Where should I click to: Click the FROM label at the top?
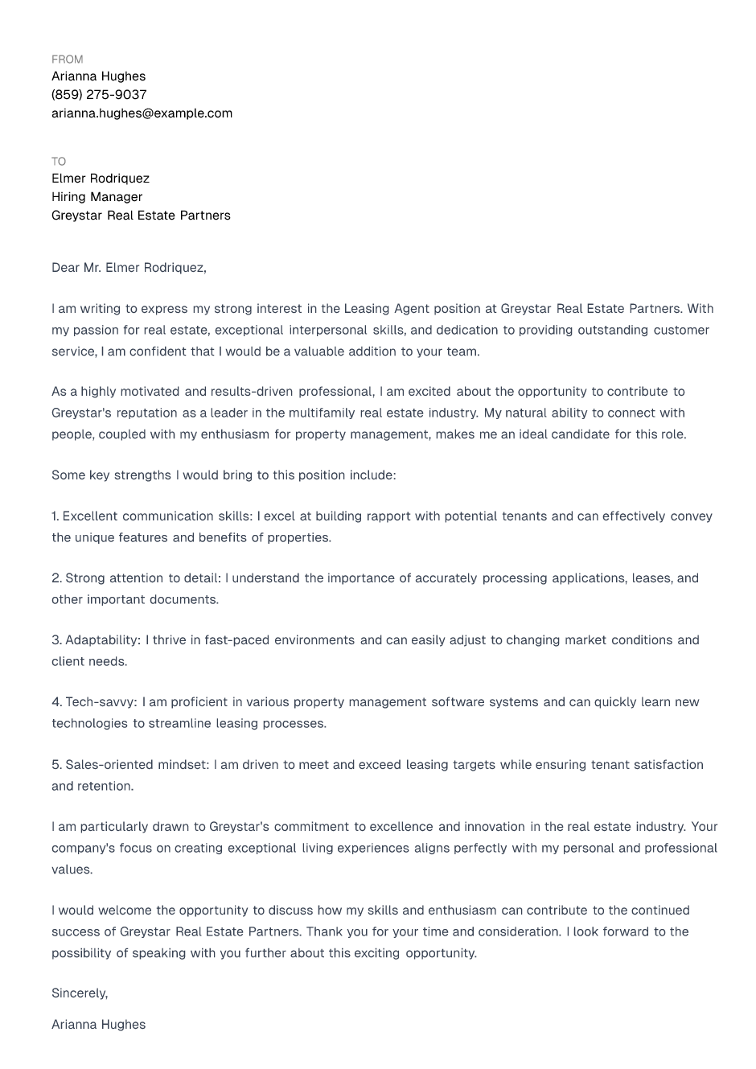click(67, 60)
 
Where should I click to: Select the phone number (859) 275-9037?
click(99, 95)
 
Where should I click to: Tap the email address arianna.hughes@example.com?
click(142, 113)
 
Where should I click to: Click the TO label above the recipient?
click(59, 162)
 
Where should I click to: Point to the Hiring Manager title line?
click(97, 197)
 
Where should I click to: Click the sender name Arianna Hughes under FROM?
click(98, 76)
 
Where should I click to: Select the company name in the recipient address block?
click(141, 216)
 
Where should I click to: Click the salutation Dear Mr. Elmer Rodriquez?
click(129, 268)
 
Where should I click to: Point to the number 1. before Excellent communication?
click(55, 516)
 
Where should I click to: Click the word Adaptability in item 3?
click(102, 640)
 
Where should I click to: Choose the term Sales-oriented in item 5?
click(109, 765)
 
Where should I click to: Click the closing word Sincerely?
click(79, 993)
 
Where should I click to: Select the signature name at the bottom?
click(98, 1025)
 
